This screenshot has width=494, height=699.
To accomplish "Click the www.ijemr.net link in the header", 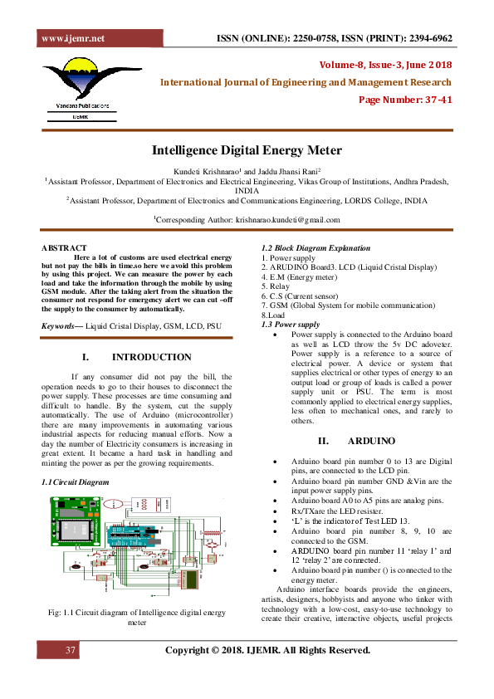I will click(x=72, y=38).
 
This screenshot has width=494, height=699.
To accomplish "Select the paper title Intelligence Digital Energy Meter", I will click(x=246, y=150).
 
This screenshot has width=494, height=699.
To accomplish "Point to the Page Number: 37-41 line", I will click(x=405, y=100).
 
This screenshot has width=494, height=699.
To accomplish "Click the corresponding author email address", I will click(x=286, y=219).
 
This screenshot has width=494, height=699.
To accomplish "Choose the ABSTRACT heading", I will click(x=64, y=248).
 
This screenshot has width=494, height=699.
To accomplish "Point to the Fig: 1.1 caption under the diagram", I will click(x=136, y=617).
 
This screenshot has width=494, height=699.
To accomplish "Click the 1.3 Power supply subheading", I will click(x=291, y=325).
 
